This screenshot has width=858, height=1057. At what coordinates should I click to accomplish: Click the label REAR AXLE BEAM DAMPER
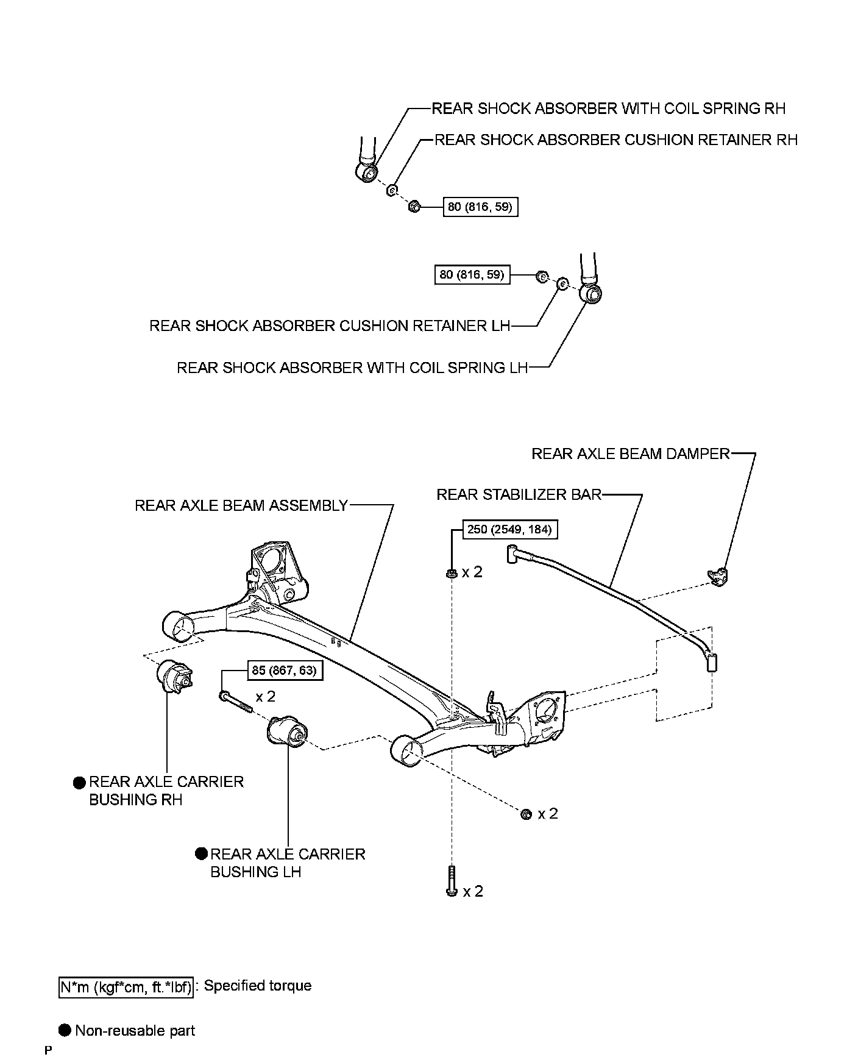coord(630,454)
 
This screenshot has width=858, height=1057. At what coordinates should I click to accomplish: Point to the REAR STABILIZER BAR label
coord(519,494)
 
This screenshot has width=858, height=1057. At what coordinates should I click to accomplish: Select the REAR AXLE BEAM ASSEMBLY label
coord(241,505)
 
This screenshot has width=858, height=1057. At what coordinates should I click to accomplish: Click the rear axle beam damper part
coord(719,575)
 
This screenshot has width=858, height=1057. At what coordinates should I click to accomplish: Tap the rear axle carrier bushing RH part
coord(175,676)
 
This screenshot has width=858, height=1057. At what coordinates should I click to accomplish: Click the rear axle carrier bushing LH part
coord(288,731)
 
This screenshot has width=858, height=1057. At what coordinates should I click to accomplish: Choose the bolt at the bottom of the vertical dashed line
coord(452,881)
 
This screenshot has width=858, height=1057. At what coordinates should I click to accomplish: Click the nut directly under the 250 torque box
coord(452,572)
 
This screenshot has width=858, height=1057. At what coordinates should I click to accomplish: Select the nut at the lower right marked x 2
coord(526,814)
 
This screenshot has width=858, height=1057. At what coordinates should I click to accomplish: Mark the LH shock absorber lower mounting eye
coord(592,294)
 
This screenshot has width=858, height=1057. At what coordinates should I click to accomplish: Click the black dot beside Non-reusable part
coord(65,1030)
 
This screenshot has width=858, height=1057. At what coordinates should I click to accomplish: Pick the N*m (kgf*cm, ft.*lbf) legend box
coord(126,987)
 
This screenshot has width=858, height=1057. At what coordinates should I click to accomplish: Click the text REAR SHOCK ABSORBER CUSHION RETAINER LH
coord(330,326)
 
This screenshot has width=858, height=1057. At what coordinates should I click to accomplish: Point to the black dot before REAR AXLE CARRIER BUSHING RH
coord(80,782)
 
